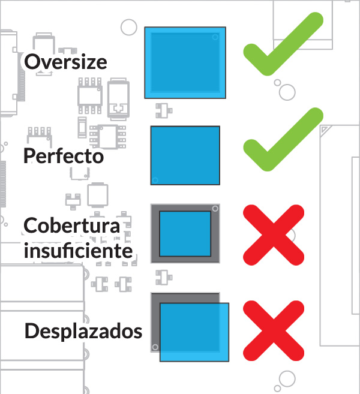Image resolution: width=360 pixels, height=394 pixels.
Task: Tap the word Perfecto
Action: click(x=64, y=156)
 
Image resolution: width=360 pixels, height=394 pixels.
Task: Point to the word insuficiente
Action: click(x=78, y=250)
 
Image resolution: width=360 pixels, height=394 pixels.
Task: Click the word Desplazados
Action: click(x=83, y=331)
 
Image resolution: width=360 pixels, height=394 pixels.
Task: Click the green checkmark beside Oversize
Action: click(x=282, y=48)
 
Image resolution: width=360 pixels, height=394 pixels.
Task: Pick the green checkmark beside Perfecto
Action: click(x=282, y=142)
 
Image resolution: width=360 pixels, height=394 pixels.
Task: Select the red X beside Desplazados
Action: click(x=274, y=330)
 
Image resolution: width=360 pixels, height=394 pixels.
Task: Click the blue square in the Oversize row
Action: click(x=185, y=62)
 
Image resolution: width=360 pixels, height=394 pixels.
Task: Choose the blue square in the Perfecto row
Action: click(x=185, y=155)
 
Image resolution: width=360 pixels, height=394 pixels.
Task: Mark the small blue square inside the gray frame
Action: click(x=185, y=233)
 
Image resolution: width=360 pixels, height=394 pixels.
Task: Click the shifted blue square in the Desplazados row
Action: click(x=194, y=332)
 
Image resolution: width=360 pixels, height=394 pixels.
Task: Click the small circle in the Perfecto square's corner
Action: click(x=155, y=180)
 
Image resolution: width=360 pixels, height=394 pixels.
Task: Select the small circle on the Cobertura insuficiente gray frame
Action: click(x=215, y=209)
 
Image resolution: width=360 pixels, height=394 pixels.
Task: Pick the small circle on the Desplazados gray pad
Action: click(x=155, y=347)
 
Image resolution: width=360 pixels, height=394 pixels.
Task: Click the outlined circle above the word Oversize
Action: click(x=128, y=27)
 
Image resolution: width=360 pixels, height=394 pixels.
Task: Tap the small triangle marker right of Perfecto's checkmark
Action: click(x=325, y=129)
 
